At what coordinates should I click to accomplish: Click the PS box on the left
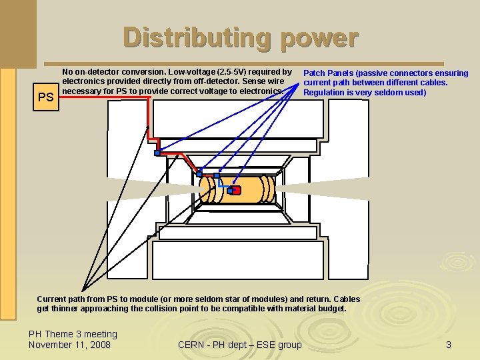[45, 97]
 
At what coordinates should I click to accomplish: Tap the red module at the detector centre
[236, 191]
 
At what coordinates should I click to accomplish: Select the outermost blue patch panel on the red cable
[157, 153]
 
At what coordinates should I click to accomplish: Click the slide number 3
[449, 345]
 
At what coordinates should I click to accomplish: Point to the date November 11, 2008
[69, 345]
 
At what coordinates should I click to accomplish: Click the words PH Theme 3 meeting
[73, 334]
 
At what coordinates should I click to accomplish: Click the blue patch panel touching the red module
[230, 191]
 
